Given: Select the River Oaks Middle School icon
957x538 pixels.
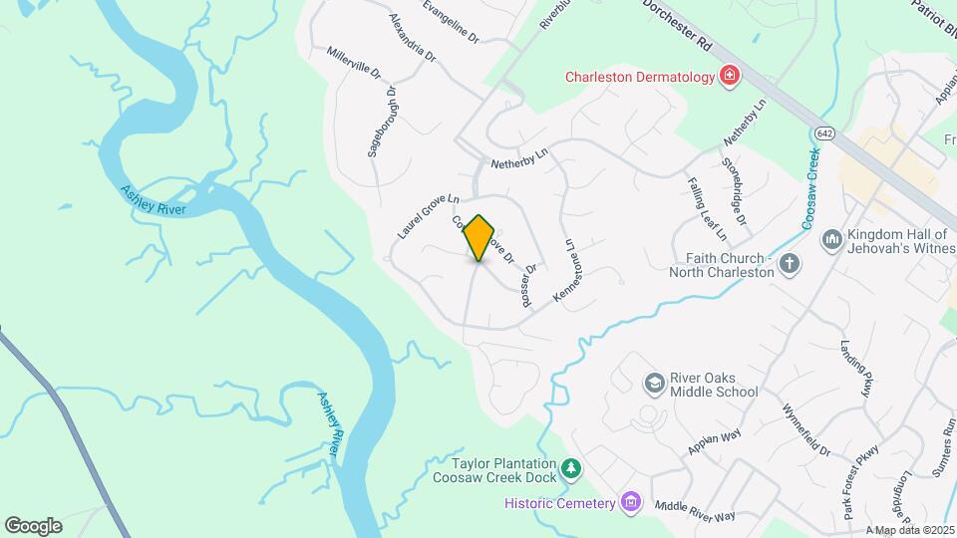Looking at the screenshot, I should (653, 383).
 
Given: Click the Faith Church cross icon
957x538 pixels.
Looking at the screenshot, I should (789, 264).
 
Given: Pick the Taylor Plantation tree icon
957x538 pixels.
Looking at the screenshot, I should (570, 468).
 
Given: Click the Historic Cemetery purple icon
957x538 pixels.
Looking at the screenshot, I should (630, 502).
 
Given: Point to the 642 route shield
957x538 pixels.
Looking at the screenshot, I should (823, 134).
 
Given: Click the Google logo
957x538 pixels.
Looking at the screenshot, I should (33, 525).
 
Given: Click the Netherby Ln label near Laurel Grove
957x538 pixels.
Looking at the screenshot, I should (520, 160).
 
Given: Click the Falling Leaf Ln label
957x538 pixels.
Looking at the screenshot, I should (707, 209).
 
